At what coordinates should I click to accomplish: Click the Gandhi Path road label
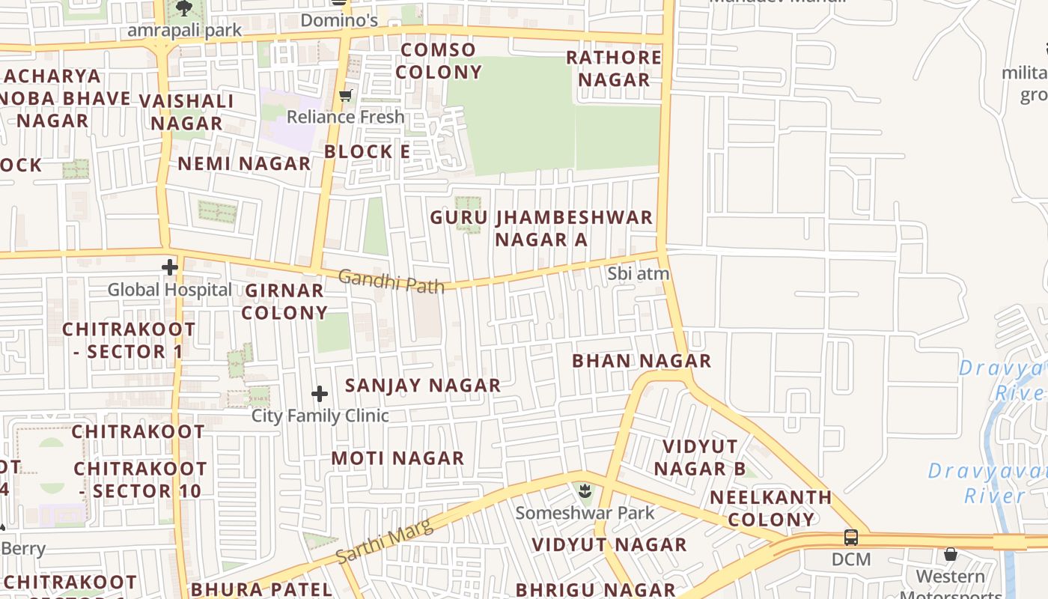click(x=391, y=282)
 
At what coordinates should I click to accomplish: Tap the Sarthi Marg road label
click(x=384, y=543)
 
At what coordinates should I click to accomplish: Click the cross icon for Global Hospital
click(x=170, y=267)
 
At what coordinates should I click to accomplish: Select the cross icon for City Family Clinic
click(x=320, y=394)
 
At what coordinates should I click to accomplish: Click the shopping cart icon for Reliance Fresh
click(x=345, y=95)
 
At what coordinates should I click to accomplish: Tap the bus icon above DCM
click(x=851, y=537)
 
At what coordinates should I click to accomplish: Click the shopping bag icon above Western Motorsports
click(x=950, y=554)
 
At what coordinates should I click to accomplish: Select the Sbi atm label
click(x=638, y=274)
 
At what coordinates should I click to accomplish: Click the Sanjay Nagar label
click(x=422, y=386)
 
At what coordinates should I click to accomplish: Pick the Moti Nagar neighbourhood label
click(x=397, y=457)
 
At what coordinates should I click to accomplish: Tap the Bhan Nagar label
click(x=642, y=361)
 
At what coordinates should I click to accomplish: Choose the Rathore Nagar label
click(x=614, y=68)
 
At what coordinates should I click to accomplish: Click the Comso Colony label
click(x=438, y=61)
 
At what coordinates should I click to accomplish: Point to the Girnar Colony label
click(x=284, y=301)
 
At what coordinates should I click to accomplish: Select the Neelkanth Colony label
click(x=771, y=508)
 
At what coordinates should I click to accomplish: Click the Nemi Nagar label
click(x=244, y=163)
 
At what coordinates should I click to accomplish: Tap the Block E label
click(x=367, y=151)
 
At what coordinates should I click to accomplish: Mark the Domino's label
click(x=339, y=20)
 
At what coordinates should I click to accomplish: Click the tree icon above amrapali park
click(x=183, y=8)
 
